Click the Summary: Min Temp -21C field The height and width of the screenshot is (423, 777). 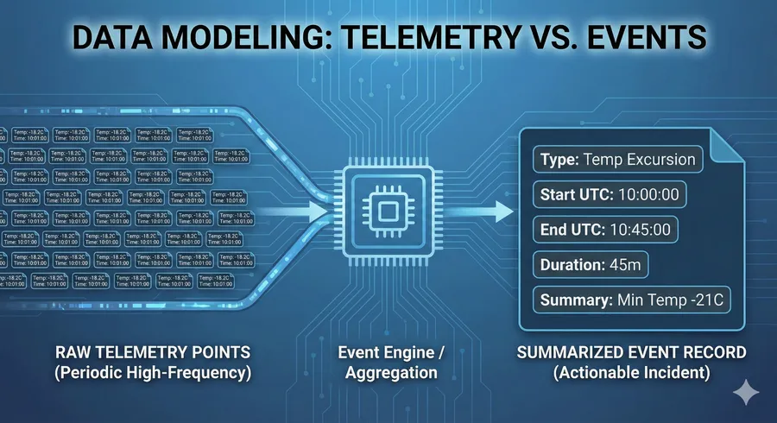(x=632, y=300)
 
